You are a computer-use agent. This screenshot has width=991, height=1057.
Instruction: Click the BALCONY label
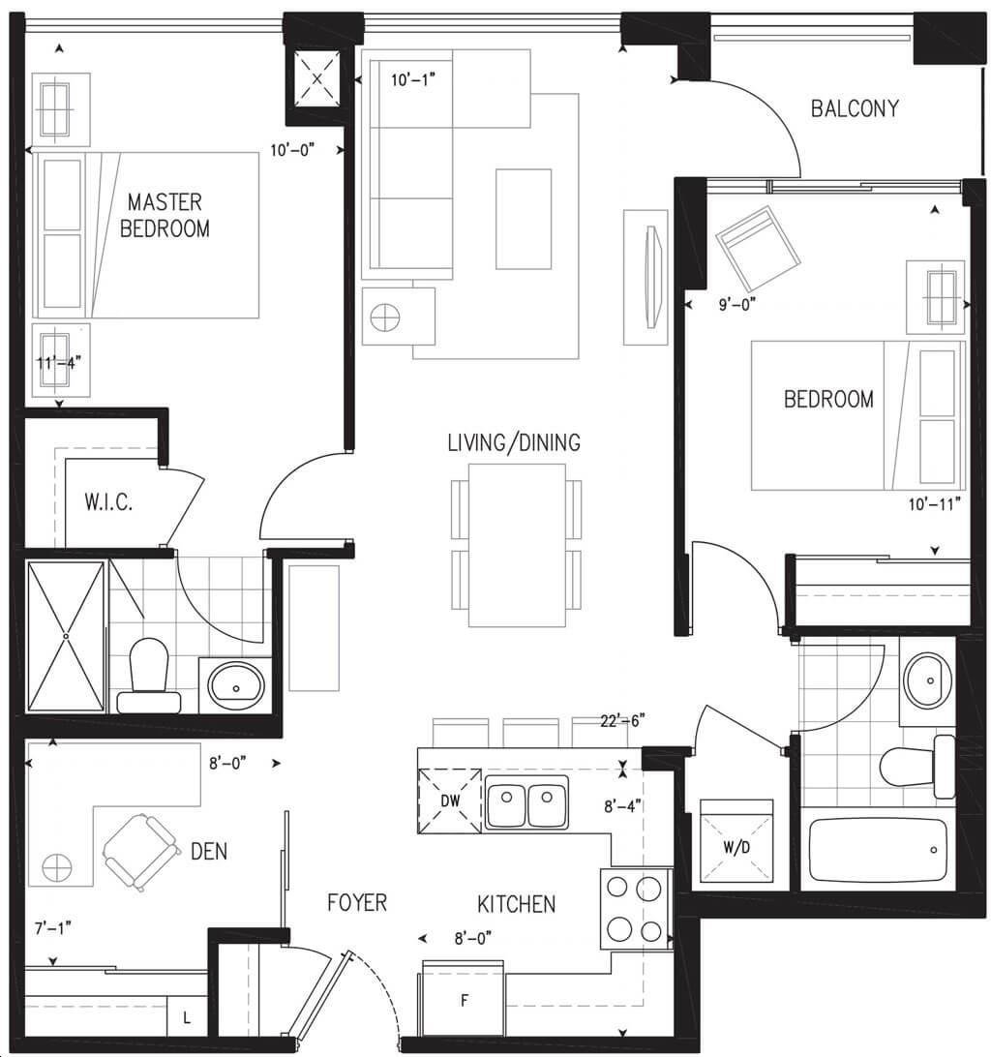click(x=855, y=108)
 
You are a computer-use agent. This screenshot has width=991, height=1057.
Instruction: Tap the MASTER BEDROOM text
click(x=165, y=215)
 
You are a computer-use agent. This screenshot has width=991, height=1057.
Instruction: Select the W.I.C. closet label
click(x=108, y=502)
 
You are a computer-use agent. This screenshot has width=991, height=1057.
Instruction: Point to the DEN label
click(x=209, y=852)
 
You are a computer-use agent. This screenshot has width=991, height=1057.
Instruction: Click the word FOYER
click(x=357, y=903)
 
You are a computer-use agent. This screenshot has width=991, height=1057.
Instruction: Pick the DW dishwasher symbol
click(x=450, y=800)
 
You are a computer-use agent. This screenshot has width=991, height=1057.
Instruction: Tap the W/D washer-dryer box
click(x=736, y=840)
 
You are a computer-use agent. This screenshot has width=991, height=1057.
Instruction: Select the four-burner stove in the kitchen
click(x=634, y=909)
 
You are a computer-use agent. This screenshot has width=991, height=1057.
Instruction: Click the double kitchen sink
click(x=526, y=801)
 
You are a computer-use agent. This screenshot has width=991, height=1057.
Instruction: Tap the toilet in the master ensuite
click(x=149, y=677)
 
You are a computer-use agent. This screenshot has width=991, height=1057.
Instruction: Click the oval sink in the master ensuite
click(x=236, y=685)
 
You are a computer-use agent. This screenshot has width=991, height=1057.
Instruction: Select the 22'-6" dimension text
click(x=622, y=720)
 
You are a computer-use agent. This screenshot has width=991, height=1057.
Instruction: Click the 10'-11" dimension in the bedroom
click(x=934, y=503)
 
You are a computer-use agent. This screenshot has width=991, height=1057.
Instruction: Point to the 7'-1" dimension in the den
click(x=52, y=928)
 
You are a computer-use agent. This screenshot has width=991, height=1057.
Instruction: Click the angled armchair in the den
click(x=141, y=852)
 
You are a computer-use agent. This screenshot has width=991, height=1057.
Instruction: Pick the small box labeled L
click(x=186, y=1018)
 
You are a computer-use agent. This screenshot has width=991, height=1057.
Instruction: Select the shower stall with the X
click(x=66, y=636)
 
